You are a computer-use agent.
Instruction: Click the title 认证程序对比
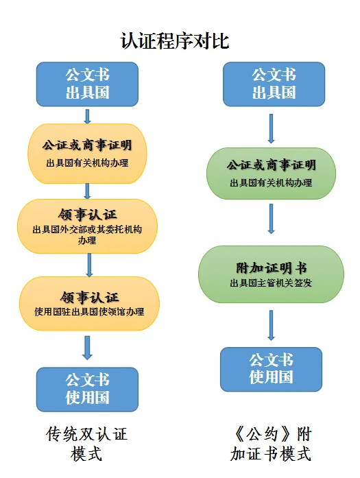pos(175,41)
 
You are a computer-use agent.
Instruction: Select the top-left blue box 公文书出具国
pos(87,84)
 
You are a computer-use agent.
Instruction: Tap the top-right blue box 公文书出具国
pos(274,84)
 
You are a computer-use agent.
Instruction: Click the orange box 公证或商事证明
pos(87,154)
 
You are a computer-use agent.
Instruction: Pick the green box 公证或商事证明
pos(271,174)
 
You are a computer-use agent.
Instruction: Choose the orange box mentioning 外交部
pos(87,226)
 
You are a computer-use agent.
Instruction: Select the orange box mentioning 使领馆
pos(89,304)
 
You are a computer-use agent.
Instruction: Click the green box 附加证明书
pos(271,274)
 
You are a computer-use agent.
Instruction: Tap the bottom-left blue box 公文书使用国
pos(87,390)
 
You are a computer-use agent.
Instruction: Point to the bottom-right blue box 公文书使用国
pos(271,369)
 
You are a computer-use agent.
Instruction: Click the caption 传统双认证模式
pos(86,444)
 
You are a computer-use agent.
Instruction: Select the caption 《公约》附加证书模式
pos(271,444)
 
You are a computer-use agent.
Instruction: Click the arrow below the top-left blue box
pos(87,117)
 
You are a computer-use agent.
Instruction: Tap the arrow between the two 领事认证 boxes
pos(89,265)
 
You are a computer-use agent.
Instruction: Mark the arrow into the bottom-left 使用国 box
pos(87,348)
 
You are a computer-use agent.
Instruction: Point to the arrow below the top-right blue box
pos(271,129)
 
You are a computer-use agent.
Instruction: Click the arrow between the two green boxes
pos(271,219)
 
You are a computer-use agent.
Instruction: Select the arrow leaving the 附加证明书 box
pos(271,325)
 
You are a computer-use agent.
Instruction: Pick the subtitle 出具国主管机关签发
pos(271,283)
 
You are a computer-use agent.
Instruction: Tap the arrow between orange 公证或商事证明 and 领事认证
pos(87,191)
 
